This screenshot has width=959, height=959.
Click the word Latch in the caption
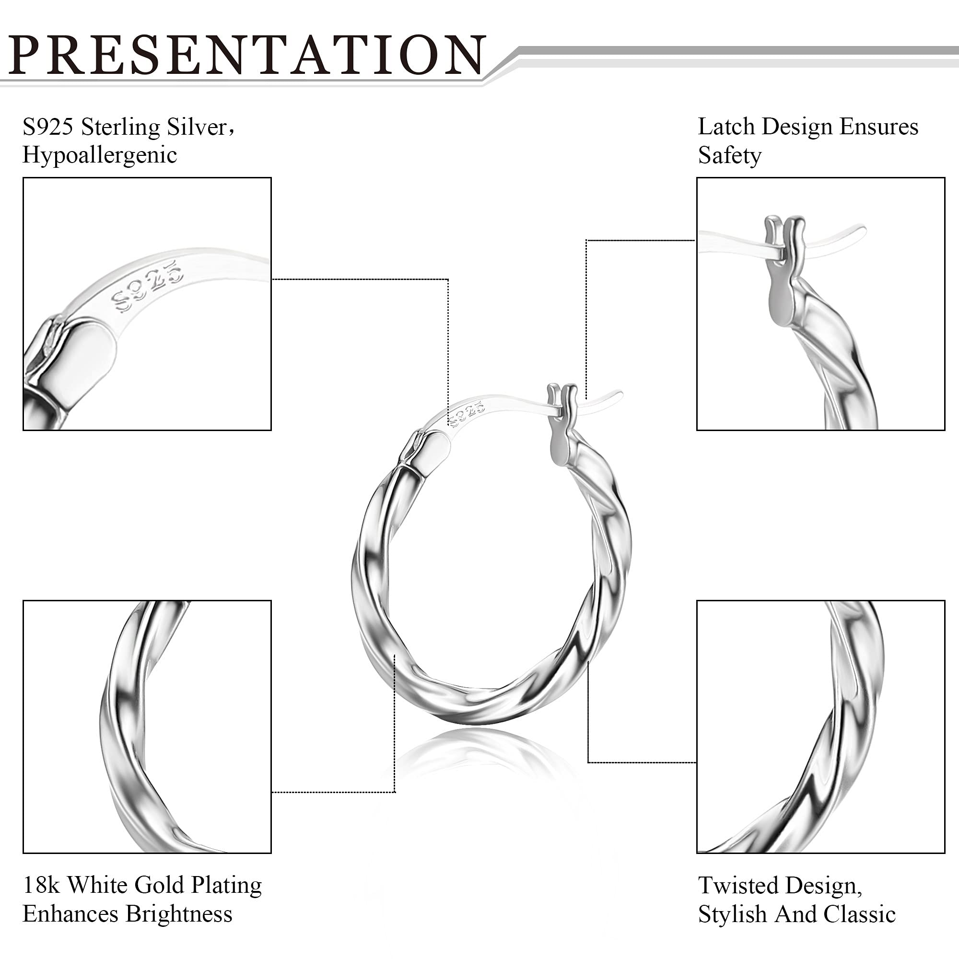pyautogui.click(x=727, y=127)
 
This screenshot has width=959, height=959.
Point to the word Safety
pyautogui.click(x=729, y=156)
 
